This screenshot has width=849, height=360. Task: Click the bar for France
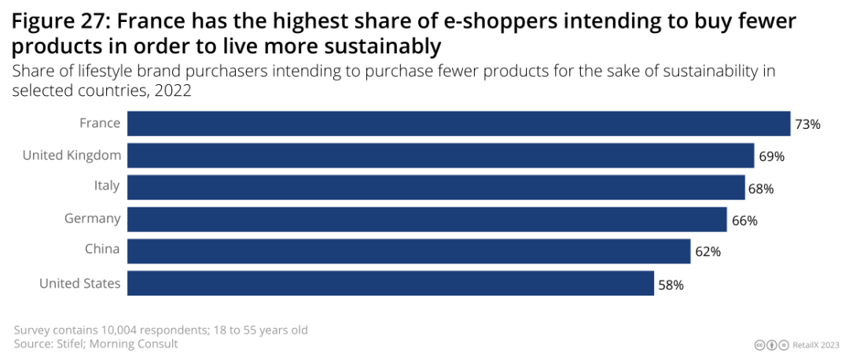point(458,123)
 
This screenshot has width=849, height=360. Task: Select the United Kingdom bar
point(440,156)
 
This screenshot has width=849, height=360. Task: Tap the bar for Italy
point(436,188)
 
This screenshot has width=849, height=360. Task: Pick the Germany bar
point(426,220)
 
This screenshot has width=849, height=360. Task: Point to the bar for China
point(409,252)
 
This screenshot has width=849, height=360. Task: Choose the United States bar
point(391,284)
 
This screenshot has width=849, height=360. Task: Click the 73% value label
point(808,124)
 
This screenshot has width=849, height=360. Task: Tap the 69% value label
point(772,156)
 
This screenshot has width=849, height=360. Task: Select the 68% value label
point(762,189)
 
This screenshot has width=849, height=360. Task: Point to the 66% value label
point(744,221)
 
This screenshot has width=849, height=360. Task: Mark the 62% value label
point(708,252)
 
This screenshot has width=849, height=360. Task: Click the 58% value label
point(671,285)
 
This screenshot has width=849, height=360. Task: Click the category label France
point(100,123)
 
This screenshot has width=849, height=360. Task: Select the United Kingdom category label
point(72,156)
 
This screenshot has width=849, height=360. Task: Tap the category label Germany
point(93,219)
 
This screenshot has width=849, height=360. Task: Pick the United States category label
point(80,284)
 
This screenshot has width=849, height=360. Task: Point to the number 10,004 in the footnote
point(112,329)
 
